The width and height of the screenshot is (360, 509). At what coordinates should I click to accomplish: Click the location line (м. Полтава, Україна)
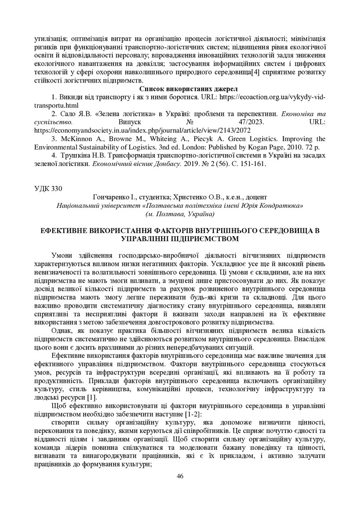point(180,214)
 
